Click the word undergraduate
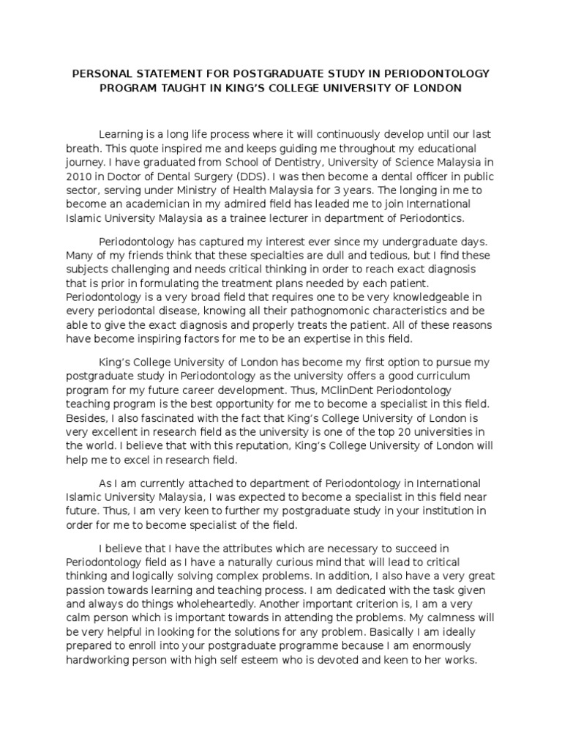click(408, 241)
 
